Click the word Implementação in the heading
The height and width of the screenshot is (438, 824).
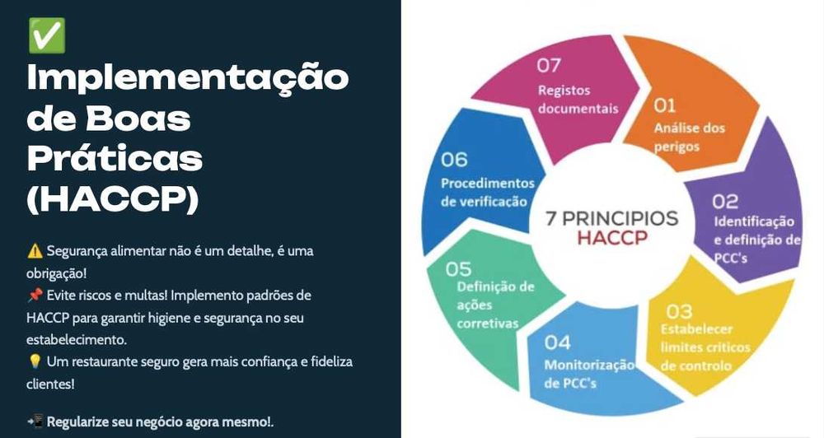pos(188,80)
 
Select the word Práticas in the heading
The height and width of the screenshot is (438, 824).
pos(115,159)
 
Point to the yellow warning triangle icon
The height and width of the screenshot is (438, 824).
pos(34,250)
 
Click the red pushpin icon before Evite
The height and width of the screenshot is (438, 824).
pos(34,295)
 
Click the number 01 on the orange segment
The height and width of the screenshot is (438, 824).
pos(665,105)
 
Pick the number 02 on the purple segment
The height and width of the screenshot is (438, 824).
pos(725,201)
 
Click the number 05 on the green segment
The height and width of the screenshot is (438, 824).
pos(458,269)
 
